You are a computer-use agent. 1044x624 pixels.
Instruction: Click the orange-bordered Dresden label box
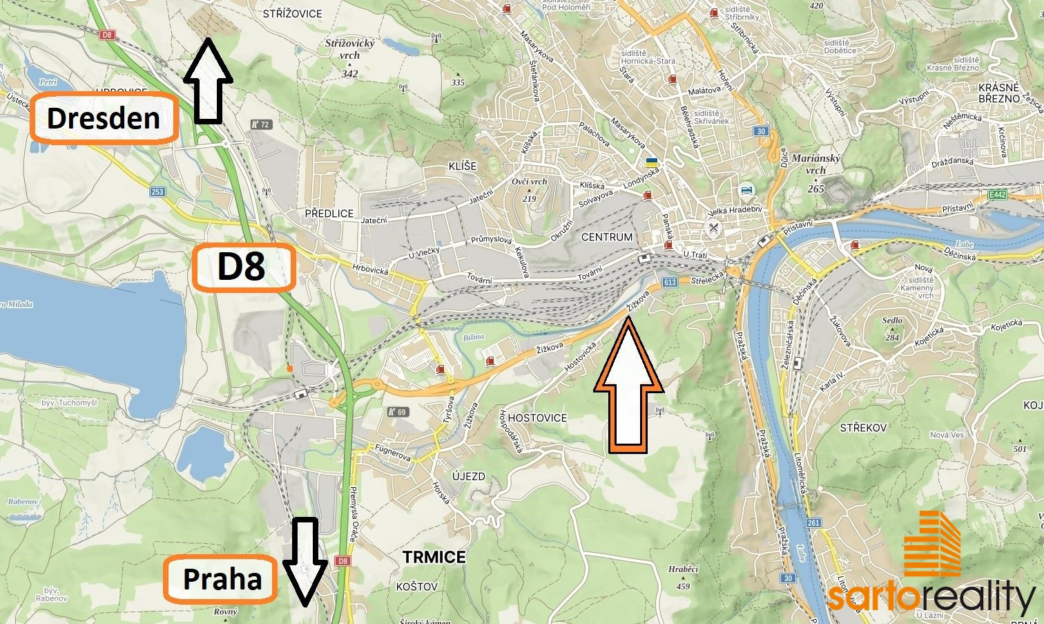[104, 118]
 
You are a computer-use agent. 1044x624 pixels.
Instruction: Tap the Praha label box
[221, 578]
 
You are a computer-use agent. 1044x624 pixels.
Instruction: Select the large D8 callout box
[243, 267]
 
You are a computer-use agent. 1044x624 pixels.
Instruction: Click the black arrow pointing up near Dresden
[208, 82]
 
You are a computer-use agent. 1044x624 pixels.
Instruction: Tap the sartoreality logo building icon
[932, 544]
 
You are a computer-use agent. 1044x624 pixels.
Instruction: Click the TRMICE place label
[434, 557]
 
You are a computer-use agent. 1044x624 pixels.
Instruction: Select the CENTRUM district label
[606, 237]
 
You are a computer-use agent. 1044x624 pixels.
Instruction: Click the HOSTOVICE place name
[536, 418]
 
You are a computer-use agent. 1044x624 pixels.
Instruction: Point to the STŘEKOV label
[863, 428]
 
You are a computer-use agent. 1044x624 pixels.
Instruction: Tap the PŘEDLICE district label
[329, 214]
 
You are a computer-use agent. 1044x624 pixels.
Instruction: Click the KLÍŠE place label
[462, 166]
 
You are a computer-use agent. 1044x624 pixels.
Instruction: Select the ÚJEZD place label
[468, 477]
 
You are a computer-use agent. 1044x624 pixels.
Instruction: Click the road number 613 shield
[669, 282]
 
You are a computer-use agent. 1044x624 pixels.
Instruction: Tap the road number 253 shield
[157, 191]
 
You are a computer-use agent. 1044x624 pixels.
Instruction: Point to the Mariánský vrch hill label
[815, 164]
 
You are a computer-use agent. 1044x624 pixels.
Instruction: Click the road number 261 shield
[813, 522]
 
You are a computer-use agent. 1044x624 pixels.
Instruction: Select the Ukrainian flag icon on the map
[650, 162]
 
